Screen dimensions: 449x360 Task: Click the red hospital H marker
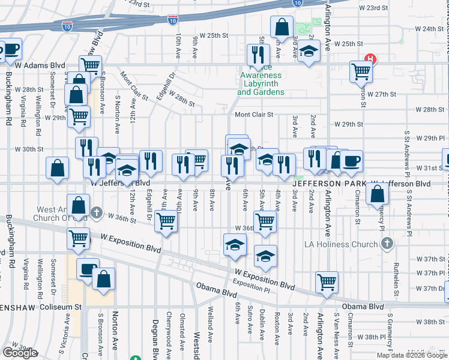(371, 59)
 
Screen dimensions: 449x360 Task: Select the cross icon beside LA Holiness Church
(387, 243)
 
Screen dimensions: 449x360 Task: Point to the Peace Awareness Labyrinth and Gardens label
(261, 80)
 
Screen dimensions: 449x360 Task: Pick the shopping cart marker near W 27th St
(361, 71)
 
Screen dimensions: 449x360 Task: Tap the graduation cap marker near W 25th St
(309, 52)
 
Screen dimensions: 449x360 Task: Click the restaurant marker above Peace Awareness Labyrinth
(259, 55)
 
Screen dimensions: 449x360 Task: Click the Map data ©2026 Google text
(411, 355)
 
